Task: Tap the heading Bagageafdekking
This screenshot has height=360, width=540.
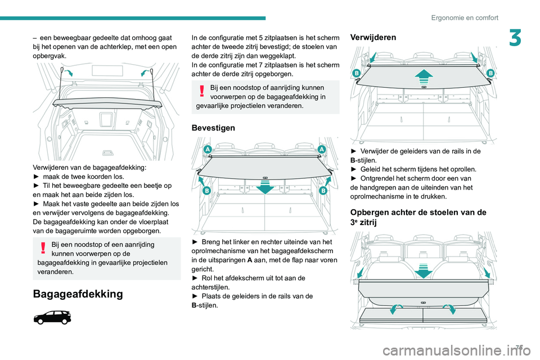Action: (77, 294)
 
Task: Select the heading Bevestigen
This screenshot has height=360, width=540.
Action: (214, 128)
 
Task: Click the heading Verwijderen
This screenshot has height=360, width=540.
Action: (373, 37)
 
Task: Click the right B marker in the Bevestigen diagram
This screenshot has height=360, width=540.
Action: (323, 191)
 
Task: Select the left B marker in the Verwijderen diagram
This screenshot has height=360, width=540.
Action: (357, 74)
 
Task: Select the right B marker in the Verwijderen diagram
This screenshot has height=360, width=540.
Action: (489, 74)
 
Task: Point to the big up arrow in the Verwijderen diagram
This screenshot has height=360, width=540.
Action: (423, 76)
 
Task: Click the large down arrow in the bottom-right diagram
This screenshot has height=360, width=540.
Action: (423, 269)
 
